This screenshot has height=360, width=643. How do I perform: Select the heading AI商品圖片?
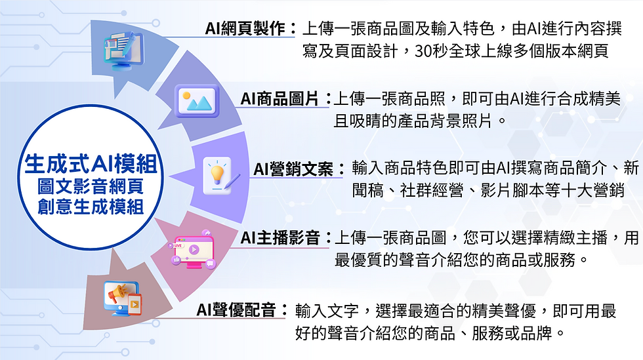282,100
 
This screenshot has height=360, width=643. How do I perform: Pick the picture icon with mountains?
196,100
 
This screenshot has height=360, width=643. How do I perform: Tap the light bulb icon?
217,174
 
